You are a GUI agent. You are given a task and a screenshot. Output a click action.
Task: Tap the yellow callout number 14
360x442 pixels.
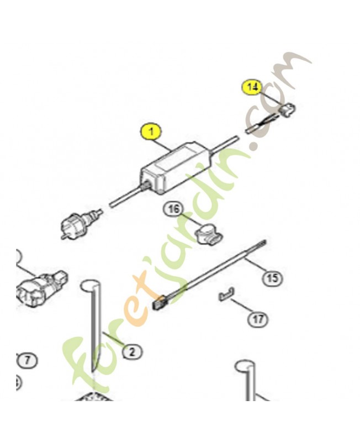tap(252, 87)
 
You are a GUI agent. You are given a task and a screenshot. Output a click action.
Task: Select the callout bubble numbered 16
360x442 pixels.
tap(173, 209)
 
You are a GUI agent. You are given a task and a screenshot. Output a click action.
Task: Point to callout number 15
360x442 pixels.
tap(272, 278)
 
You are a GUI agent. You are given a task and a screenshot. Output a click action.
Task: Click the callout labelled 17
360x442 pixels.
tap(257, 319)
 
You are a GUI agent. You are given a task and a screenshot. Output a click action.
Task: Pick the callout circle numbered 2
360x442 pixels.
tap(132, 350)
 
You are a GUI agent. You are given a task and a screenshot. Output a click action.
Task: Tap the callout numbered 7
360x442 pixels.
tap(28, 361)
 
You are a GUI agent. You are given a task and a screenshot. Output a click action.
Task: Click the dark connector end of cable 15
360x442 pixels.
tap(160, 302)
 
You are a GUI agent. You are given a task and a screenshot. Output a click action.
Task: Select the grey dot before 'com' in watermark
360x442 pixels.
tap(256, 148)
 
